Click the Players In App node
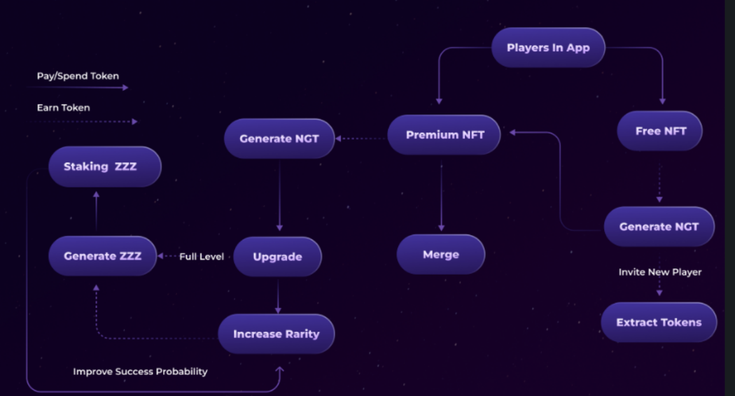(548, 48)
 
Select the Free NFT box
(660, 131)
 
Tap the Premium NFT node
(444, 135)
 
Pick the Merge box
(440, 255)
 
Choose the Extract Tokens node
(659, 322)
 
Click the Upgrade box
(277, 257)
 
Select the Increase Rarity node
(276, 334)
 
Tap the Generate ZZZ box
(102, 256)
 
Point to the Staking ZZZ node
(105, 167)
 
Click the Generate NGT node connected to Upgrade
(279, 139)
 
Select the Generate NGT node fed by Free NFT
(659, 227)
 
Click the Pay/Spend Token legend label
(78, 76)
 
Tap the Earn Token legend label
(63, 107)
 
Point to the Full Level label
(202, 256)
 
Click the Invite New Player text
(660, 272)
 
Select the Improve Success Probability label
(140, 371)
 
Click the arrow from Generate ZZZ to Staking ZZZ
(96, 211)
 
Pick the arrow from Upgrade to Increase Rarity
(278, 295)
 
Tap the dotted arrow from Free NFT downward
(659, 183)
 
